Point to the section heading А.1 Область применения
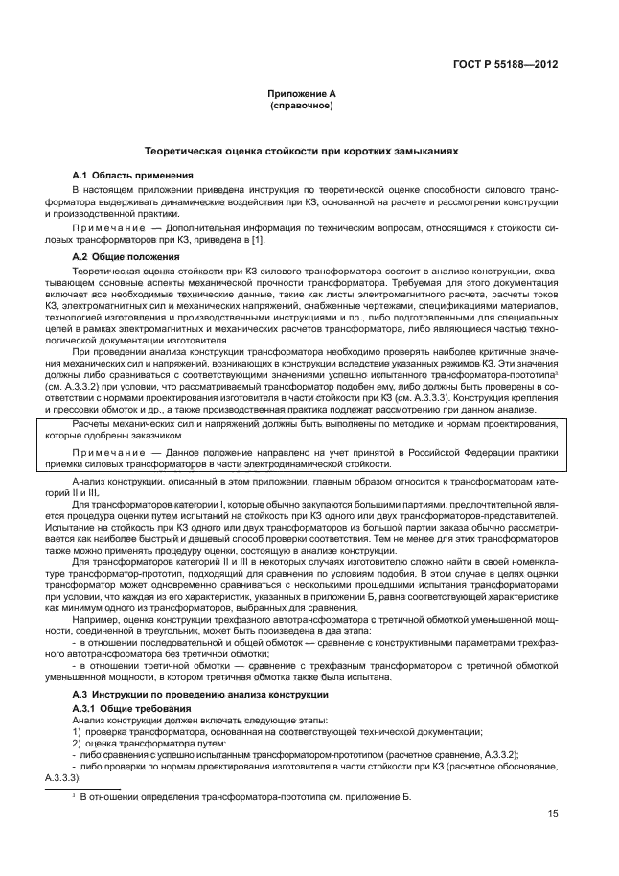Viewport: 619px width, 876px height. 134,176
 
